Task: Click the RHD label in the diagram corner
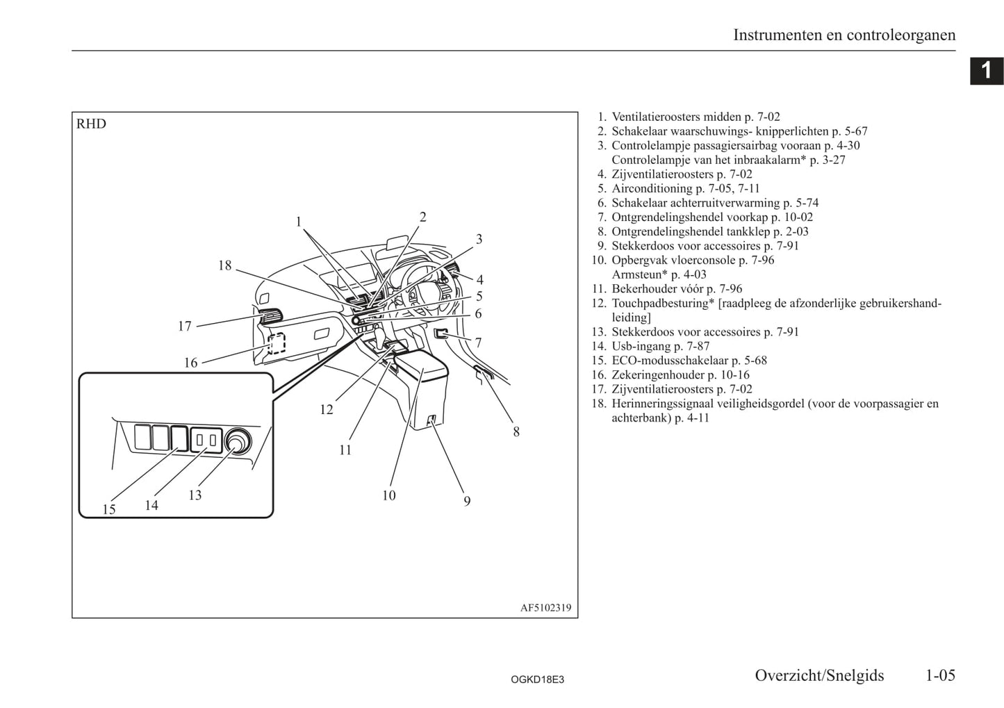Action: [91, 124]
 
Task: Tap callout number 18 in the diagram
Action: [224, 265]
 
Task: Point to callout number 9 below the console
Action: [467, 501]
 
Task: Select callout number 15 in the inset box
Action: [109, 509]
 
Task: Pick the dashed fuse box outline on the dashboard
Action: [277, 343]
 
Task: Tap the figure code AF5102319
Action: [545, 608]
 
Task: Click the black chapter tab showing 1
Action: [986, 70]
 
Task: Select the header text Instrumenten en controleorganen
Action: [844, 35]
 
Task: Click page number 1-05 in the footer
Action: [940, 675]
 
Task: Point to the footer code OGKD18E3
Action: [537, 680]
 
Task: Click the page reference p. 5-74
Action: [800, 203]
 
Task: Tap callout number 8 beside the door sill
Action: [516, 431]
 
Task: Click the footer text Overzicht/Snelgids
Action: [819, 675]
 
